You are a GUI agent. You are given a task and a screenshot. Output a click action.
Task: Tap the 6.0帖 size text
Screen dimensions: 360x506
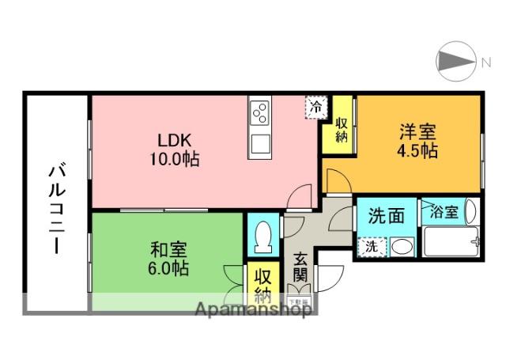click(x=168, y=268)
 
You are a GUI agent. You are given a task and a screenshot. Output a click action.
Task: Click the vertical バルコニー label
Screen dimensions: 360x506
click(x=57, y=208)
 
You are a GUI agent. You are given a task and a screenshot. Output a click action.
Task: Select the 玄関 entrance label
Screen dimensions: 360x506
click(x=301, y=267)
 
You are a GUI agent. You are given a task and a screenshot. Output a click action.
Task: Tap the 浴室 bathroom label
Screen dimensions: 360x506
click(x=444, y=212)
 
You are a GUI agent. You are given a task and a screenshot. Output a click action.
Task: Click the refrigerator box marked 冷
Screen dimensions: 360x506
click(x=316, y=106)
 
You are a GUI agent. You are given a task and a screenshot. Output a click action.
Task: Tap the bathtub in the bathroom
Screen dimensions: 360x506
click(x=450, y=241)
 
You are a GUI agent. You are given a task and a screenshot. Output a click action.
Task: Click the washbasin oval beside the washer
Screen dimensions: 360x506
click(x=401, y=247)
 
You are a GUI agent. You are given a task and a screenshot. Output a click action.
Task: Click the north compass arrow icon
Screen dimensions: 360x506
click(x=455, y=60)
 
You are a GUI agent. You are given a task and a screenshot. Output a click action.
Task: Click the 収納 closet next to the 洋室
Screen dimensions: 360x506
click(x=342, y=129)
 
